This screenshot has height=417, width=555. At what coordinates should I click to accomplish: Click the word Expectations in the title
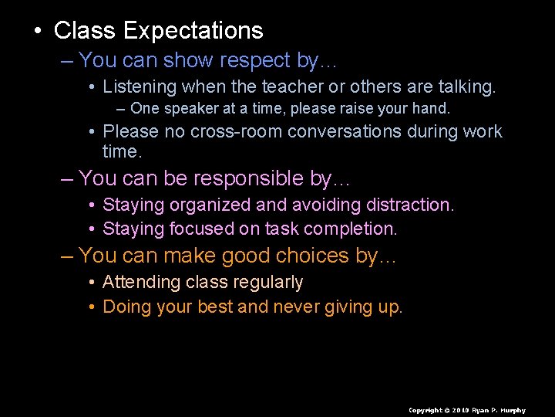[193, 31]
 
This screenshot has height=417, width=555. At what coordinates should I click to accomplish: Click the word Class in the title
[85, 31]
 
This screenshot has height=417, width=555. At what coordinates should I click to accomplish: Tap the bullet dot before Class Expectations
[36, 32]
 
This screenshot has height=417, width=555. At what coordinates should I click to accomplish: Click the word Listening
[140, 87]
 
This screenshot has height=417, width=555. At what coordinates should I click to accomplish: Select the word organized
[210, 205]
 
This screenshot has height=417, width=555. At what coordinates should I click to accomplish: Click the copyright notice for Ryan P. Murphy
[466, 410]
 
